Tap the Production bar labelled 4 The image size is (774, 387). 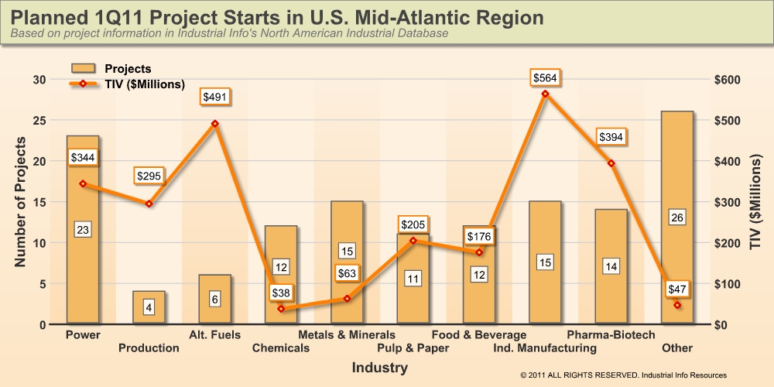tap(149, 307)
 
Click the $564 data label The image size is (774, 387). tap(545, 77)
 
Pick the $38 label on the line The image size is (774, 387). tap(282, 293)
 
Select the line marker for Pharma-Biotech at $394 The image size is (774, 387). tap(611, 163)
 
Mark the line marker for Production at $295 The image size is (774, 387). tap(149, 204)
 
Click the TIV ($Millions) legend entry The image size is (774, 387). tap(143, 84)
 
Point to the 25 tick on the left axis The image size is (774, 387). tap(39, 121)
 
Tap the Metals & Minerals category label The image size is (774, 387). tap(347, 334)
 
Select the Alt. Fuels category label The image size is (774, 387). tap(214, 334)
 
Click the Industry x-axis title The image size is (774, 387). tap(379, 368)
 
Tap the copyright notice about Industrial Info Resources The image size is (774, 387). tap(624, 375)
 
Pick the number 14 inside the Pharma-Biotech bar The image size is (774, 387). tap(611, 266)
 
